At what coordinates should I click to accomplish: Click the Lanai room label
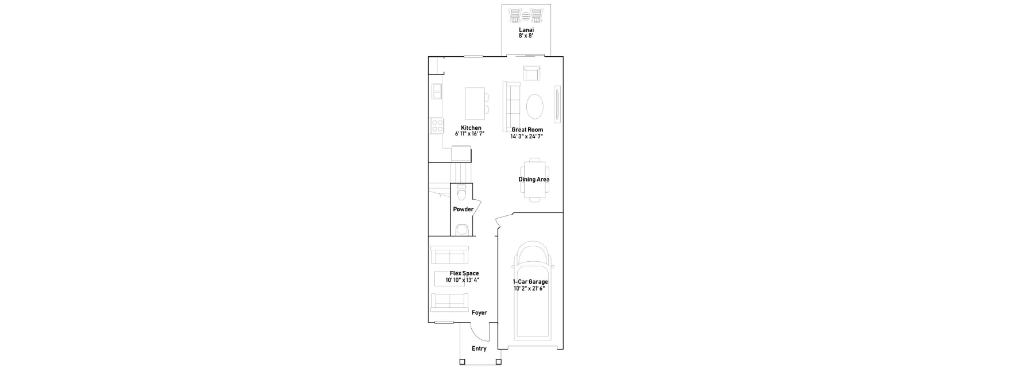(x=526, y=29)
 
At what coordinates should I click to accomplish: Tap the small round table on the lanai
(x=526, y=15)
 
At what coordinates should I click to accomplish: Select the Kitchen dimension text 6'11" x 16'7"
(x=470, y=134)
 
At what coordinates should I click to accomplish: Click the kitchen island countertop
(x=475, y=101)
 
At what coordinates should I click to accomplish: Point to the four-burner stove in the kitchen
(x=437, y=125)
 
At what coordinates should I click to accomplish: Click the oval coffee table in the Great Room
(x=535, y=106)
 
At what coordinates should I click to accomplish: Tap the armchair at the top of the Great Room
(x=532, y=73)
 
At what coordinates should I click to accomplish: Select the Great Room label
(x=527, y=130)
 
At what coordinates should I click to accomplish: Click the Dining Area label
(x=534, y=179)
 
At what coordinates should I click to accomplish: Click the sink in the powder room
(x=461, y=230)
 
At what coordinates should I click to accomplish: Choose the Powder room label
(x=463, y=209)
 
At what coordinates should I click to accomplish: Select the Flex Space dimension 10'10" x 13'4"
(x=463, y=280)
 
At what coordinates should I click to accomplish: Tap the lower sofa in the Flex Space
(x=449, y=302)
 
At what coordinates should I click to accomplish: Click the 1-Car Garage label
(x=530, y=282)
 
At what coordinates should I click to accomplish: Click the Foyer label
(x=479, y=313)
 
